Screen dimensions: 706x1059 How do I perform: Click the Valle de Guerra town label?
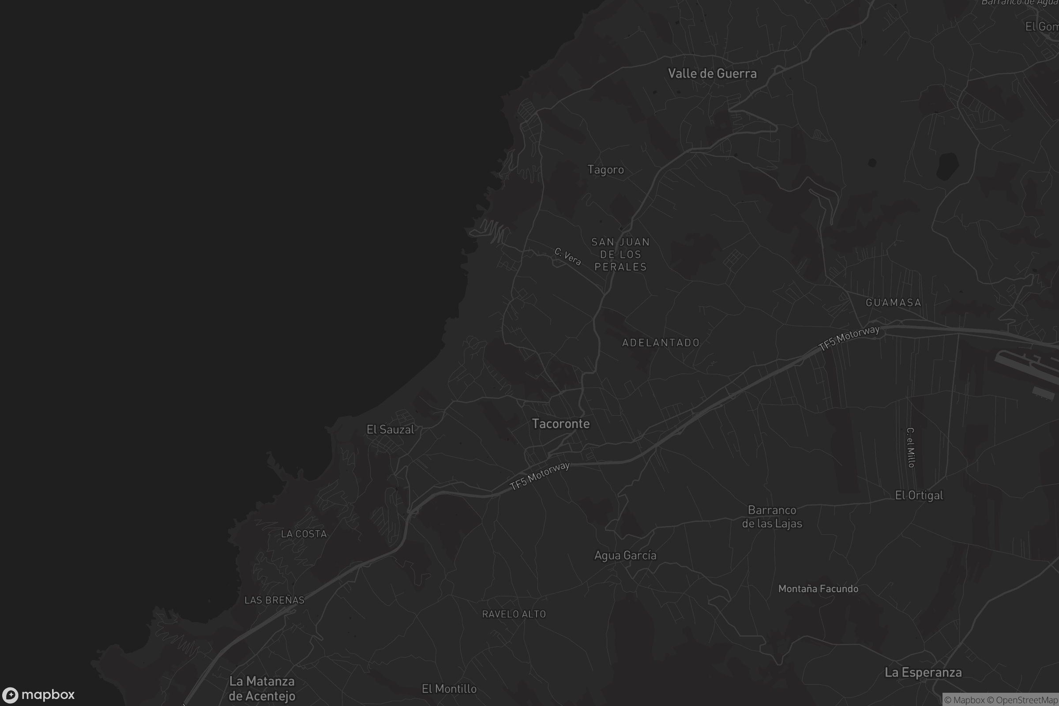click(x=712, y=73)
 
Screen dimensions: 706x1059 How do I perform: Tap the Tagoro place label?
click(x=605, y=170)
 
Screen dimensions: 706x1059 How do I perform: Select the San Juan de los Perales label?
click(x=620, y=255)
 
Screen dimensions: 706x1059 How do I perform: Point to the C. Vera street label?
click(x=567, y=257)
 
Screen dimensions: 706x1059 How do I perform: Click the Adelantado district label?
click(x=661, y=343)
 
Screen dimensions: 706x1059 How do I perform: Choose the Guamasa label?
click(x=893, y=303)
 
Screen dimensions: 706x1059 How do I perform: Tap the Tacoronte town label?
click(x=560, y=424)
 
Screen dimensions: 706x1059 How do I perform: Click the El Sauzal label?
click(x=390, y=429)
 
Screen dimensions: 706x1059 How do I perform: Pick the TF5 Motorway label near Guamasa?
click(x=849, y=338)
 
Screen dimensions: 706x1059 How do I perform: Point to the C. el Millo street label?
click(x=910, y=447)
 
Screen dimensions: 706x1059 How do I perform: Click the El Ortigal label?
click(x=919, y=495)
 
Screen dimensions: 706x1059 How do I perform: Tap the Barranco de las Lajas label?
click(x=772, y=517)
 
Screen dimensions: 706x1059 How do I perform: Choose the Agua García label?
click(x=625, y=556)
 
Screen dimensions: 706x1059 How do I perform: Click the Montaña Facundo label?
click(x=818, y=589)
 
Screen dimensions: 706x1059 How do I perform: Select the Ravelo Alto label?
click(x=514, y=614)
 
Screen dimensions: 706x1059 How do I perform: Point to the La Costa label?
click(x=304, y=534)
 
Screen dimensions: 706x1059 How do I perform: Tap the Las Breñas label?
click(x=274, y=600)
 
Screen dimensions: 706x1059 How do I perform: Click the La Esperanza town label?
click(x=923, y=672)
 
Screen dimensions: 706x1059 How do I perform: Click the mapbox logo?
click(x=38, y=695)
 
